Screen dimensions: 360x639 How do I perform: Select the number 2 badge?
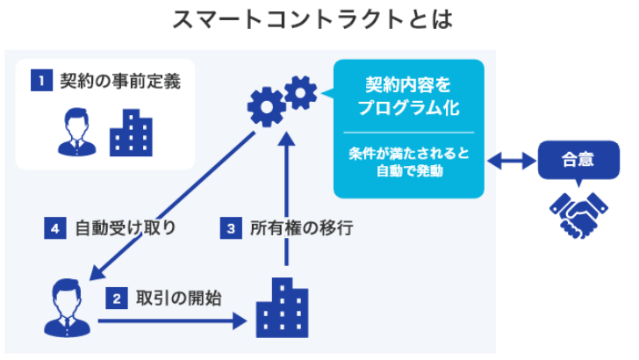(116, 298)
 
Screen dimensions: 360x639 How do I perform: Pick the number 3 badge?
(231, 229)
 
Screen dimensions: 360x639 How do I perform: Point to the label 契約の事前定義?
(120, 82)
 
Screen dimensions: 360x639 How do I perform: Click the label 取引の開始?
(178, 298)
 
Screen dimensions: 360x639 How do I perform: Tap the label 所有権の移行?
(301, 229)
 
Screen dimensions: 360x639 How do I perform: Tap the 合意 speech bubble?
(578, 161)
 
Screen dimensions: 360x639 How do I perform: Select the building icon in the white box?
(131, 133)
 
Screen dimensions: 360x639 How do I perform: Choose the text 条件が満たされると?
(408, 154)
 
